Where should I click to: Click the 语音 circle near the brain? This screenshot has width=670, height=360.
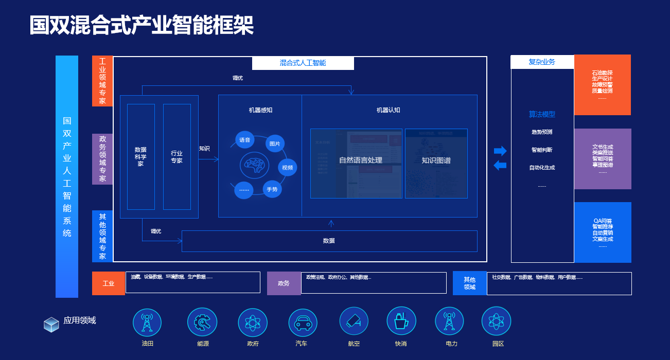[x=244, y=140]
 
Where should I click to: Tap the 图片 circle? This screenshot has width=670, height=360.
[x=275, y=143]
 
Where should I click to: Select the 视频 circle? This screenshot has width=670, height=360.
[x=288, y=167]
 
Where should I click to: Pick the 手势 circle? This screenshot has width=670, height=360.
[x=272, y=189]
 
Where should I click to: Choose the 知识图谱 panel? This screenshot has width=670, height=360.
[x=436, y=163]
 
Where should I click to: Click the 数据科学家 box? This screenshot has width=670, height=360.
[x=140, y=157]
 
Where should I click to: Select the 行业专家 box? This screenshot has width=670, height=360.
[x=177, y=157]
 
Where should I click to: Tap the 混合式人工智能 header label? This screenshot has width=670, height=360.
[x=303, y=63]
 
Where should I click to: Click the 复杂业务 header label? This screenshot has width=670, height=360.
[x=542, y=62]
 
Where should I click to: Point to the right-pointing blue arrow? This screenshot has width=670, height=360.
[x=500, y=151]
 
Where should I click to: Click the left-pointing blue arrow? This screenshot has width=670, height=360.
[x=500, y=166]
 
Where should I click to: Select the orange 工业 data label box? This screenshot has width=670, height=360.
[x=109, y=283]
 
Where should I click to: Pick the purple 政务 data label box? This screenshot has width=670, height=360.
[x=284, y=283]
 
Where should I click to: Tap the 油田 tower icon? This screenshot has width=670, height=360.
[x=147, y=322]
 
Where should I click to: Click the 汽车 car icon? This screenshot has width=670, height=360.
[x=303, y=323]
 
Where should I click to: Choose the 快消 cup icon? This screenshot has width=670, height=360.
[x=401, y=321]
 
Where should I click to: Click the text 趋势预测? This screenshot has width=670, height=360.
[x=542, y=132]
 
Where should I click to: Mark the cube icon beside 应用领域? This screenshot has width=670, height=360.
[x=51, y=324]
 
